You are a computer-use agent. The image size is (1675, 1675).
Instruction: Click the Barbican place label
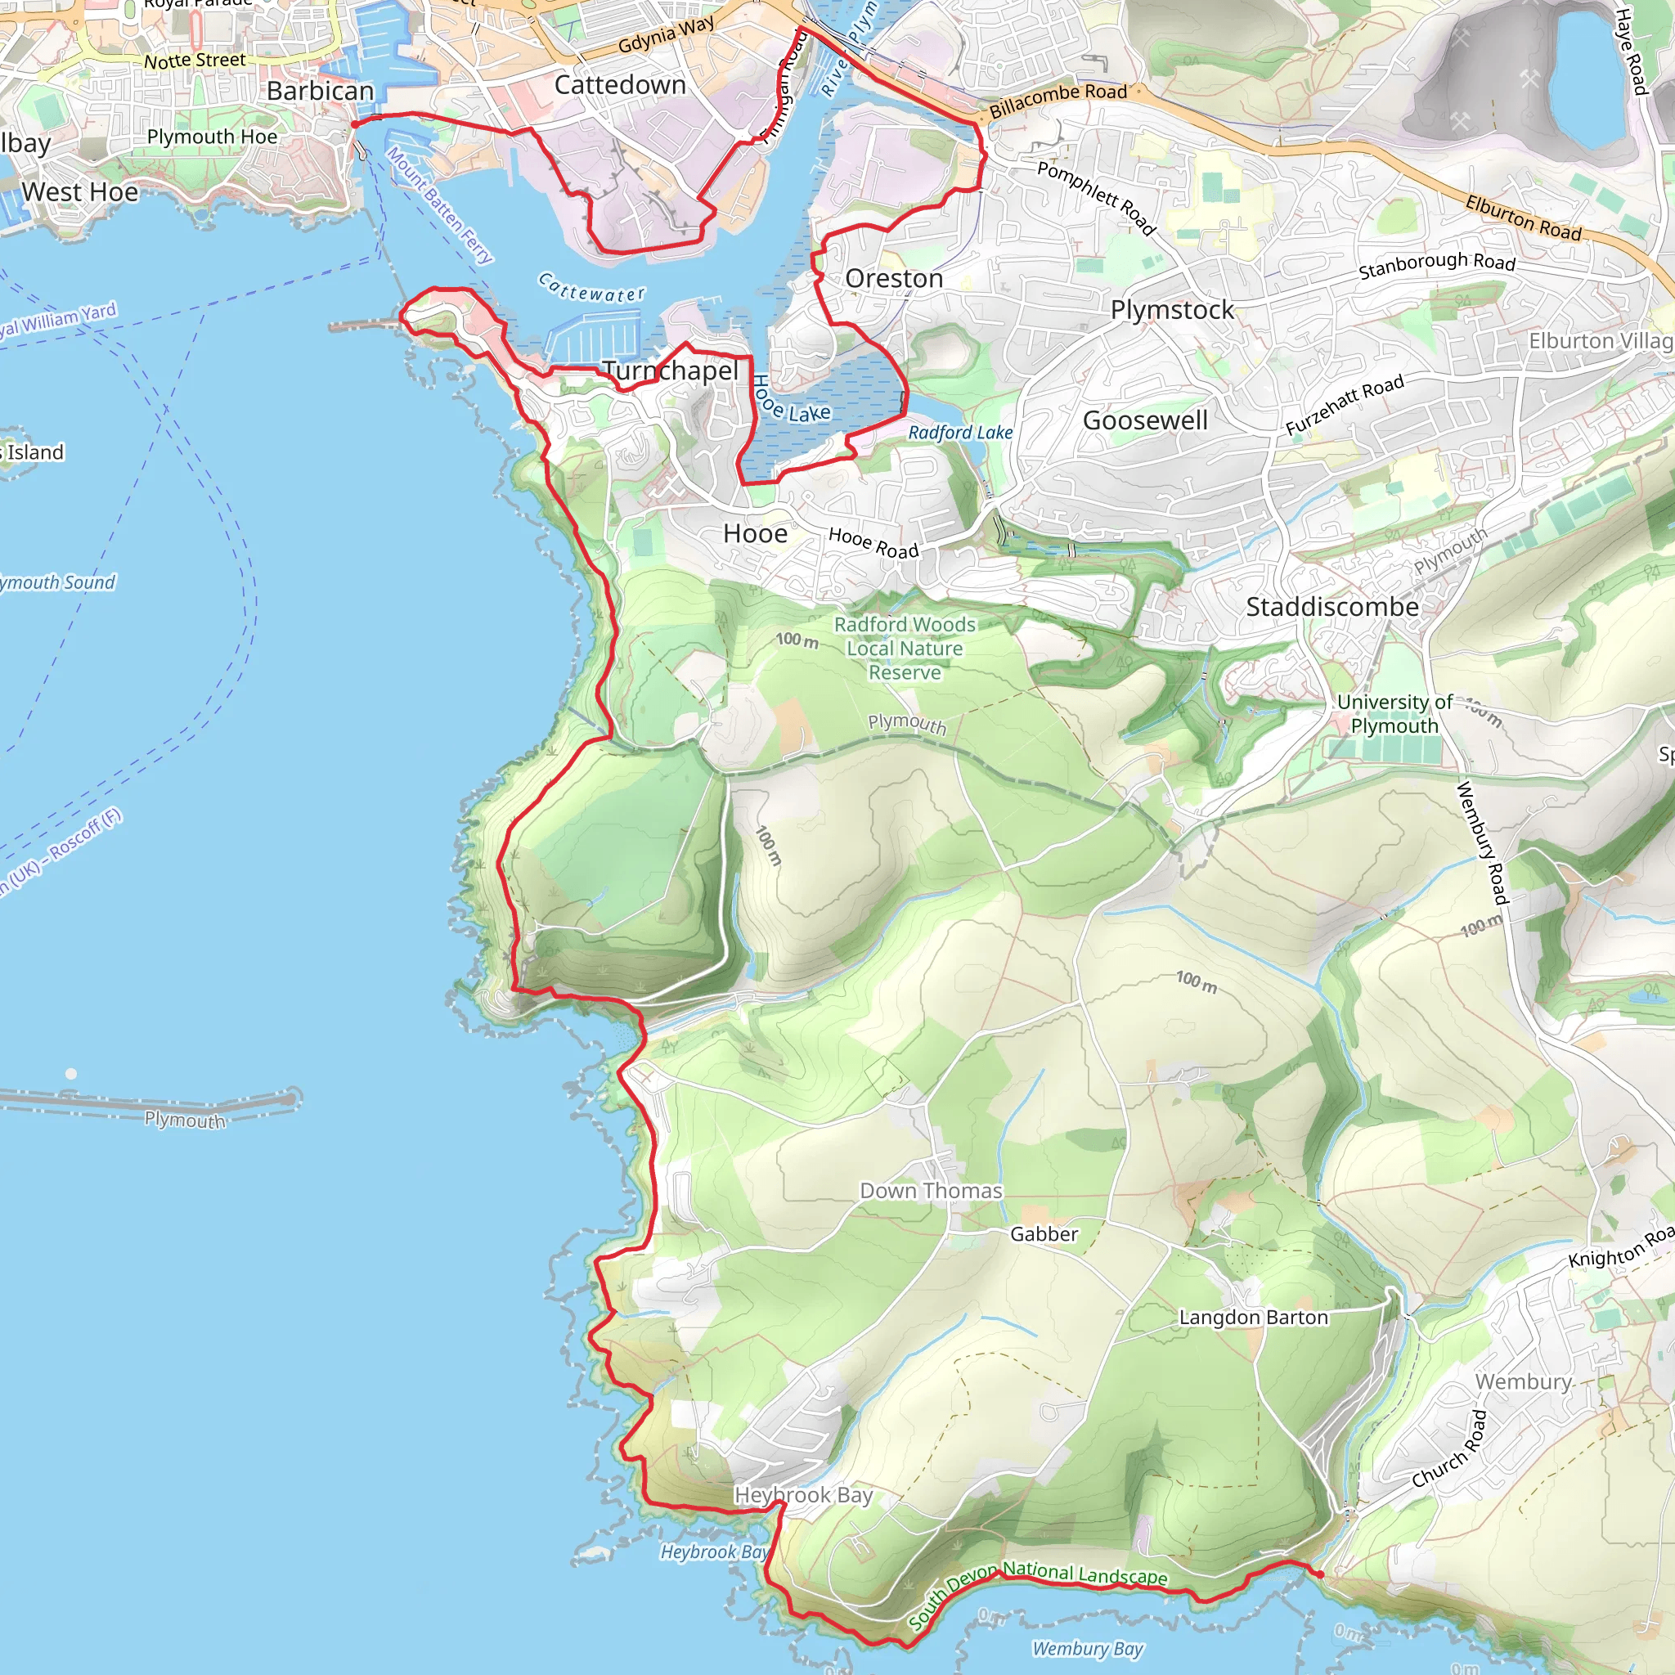(320, 91)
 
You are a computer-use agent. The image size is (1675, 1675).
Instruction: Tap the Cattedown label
(620, 85)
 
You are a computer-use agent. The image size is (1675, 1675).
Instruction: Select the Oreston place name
(894, 278)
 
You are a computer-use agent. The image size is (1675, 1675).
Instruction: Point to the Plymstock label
(1172, 309)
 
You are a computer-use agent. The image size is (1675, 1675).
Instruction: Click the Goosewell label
(1145, 420)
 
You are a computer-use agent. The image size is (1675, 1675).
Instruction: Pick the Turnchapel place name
(671, 370)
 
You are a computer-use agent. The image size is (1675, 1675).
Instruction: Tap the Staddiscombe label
(1332, 607)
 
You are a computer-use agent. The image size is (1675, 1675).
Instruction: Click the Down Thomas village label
(931, 1190)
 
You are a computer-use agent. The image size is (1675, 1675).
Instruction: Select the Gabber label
(1044, 1233)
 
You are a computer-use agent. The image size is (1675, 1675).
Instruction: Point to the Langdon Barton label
(1254, 1317)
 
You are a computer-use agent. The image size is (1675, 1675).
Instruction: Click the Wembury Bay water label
(1087, 1648)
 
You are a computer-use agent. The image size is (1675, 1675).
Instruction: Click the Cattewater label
(592, 288)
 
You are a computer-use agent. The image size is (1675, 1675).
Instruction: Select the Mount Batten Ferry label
(439, 204)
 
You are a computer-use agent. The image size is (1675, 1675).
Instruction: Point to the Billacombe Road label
(1058, 101)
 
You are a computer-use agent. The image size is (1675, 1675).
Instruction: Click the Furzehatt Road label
(1344, 405)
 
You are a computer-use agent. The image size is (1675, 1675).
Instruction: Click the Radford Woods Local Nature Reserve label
(905, 649)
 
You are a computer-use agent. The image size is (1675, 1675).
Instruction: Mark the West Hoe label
(80, 191)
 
